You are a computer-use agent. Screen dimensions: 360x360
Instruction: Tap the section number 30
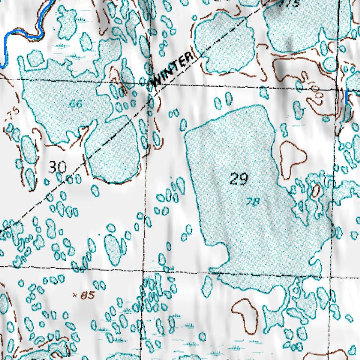click(x=58, y=167)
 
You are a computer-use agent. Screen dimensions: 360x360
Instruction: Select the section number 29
click(x=239, y=179)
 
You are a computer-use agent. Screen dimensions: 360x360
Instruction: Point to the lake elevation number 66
click(x=75, y=104)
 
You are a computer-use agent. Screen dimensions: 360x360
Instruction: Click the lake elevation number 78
click(x=253, y=202)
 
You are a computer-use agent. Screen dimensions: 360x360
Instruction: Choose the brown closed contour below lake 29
click(x=245, y=313)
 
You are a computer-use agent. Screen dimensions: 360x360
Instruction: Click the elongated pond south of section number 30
click(x=112, y=248)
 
